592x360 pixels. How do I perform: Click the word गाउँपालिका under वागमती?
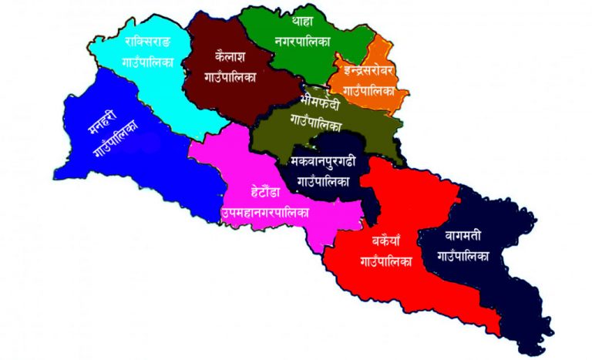click(462, 256)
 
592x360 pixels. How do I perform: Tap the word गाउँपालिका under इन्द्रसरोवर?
click(368, 91)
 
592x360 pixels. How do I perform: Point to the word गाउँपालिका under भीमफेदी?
click(317, 121)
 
